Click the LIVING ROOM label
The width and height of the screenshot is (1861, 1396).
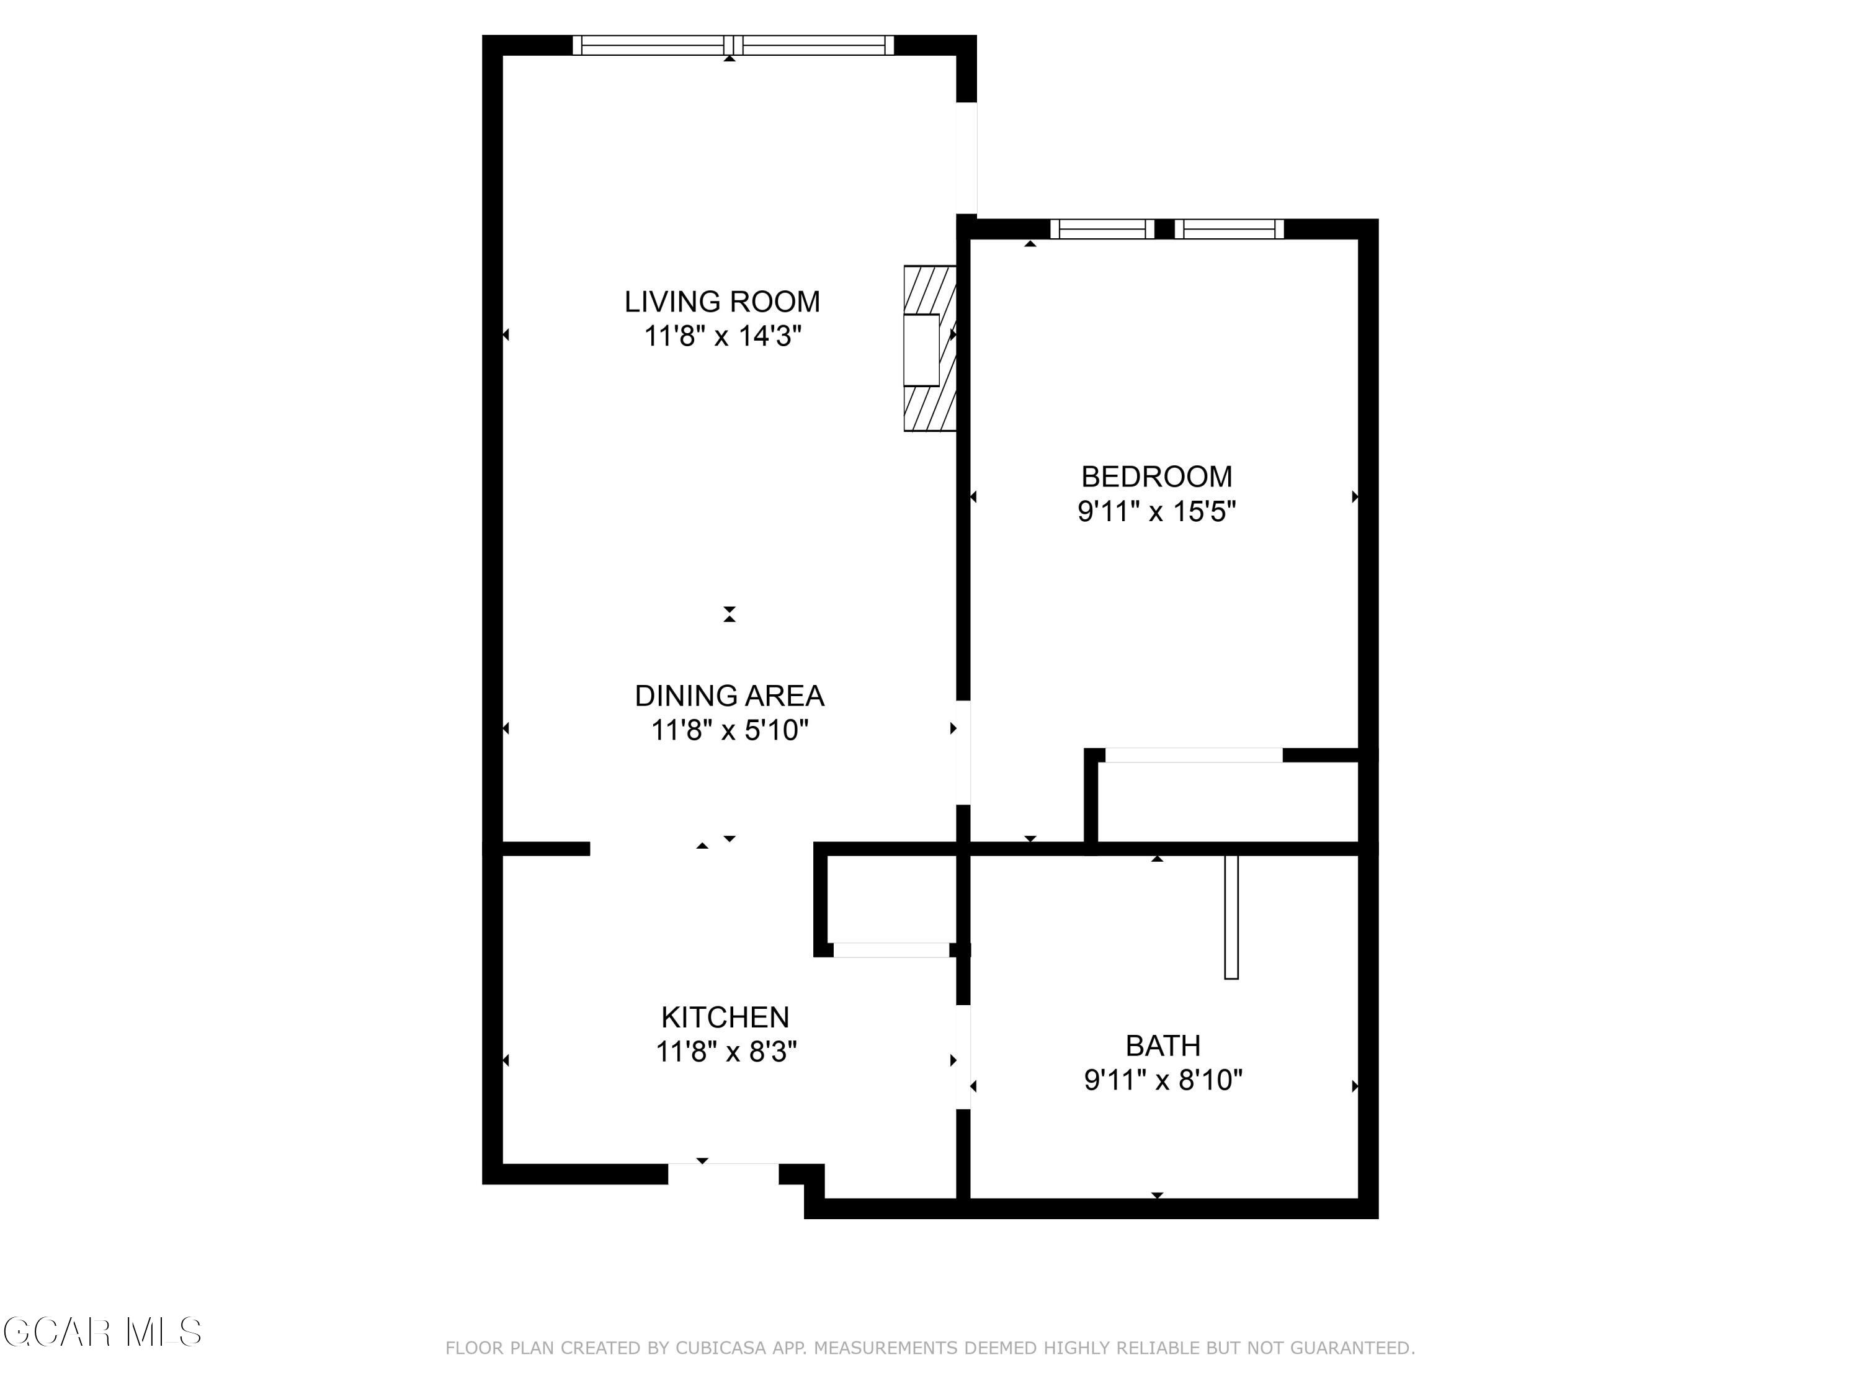pos(722,302)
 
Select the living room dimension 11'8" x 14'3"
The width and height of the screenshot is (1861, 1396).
pos(722,336)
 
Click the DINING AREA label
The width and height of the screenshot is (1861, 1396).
pos(729,695)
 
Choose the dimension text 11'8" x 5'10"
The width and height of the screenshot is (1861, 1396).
pos(729,730)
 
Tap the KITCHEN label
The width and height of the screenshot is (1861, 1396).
pos(725,1018)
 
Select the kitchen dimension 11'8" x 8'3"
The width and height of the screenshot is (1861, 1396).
pos(725,1052)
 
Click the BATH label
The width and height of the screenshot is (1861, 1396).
pos(1163,1045)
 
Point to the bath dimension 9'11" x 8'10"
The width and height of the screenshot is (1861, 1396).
pos(1163,1080)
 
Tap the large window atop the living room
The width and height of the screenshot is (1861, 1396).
pos(732,45)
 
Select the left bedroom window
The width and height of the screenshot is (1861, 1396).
pos(1101,228)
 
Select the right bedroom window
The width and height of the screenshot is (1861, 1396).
pos(1229,228)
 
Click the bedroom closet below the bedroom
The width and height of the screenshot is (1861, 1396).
pos(1226,801)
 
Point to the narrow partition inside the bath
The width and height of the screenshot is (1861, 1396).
pos(1231,916)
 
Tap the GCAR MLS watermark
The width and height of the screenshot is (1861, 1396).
pos(102,1332)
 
